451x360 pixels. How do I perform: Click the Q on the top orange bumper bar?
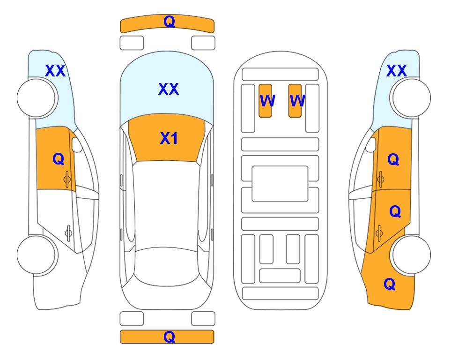pos(169,22)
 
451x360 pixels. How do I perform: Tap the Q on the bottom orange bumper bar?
pos(169,337)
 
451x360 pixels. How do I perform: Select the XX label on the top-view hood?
pos(169,89)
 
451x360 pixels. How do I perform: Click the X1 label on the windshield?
pos(169,138)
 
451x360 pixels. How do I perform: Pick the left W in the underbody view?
pos(267,101)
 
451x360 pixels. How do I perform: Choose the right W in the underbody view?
pos(297,101)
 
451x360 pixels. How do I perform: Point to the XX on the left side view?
pos(55,71)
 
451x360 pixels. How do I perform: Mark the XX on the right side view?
pos(396,71)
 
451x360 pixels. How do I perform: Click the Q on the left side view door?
pos(59,159)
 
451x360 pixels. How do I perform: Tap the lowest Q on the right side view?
pos(390,284)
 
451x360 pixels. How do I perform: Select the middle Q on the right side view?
pos(395,211)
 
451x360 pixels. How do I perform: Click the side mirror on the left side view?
pos(76,144)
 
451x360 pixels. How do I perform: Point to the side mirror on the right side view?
pos(371,144)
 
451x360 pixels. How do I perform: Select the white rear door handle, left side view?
pos(68,232)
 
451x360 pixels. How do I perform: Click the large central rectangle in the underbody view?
pos(280,184)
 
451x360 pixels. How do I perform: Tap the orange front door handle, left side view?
pos(67,179)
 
